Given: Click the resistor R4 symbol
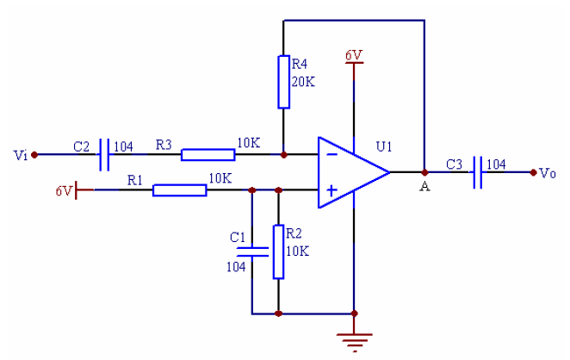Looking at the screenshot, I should coord(283,82).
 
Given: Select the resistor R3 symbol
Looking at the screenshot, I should coord(208,155).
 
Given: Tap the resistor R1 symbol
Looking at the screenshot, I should coord(180,189).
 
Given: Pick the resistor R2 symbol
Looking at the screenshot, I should coord(277,251).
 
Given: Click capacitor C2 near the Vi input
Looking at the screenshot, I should coord(106,155).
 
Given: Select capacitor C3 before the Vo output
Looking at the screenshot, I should coord(477,172).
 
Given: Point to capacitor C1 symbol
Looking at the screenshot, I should coord(251,251).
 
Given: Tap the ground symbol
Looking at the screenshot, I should coord(353,339).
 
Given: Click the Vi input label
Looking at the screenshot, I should coord(21,156).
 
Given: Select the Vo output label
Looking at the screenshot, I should coord(548,173).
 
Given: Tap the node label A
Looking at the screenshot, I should coord(424,187).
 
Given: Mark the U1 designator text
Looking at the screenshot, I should coord(383,147).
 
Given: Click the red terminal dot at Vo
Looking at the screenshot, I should coord(535,172).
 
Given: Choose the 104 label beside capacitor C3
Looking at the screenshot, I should coord(496,164).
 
